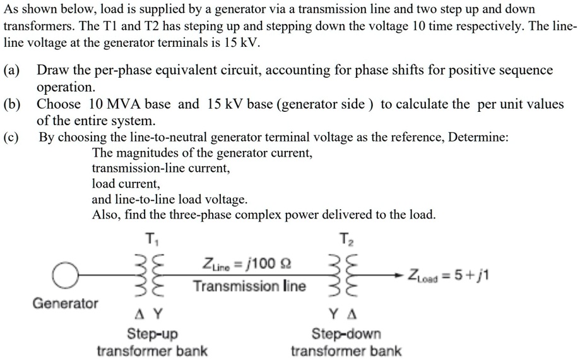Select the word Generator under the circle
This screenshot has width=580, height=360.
(66, 303)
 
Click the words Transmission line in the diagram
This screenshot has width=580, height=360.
(249, 287)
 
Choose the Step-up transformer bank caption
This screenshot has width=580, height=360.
(152, 342)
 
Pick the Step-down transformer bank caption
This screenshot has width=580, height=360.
(346, 342)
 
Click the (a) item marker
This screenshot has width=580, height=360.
(13, 70)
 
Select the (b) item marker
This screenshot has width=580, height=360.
(13, 104)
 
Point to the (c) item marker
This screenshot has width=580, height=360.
(13, 138)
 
